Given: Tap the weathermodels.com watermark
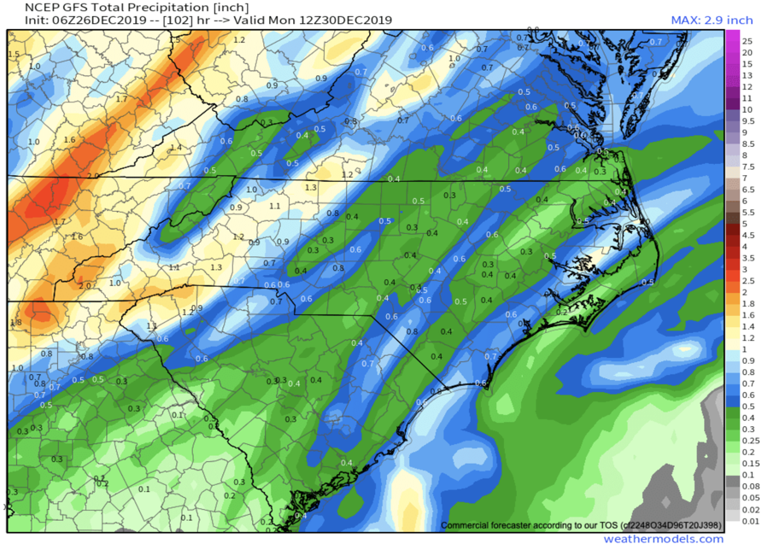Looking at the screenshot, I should pos(663,538).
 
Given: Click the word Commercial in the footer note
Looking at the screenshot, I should pos(472,524).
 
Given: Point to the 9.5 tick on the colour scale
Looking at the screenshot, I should pos(747,120).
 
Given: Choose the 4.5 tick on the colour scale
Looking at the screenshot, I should pos(747,234).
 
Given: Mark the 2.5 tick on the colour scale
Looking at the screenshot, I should pos(747,280).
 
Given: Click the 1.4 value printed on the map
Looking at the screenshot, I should pos(176,148).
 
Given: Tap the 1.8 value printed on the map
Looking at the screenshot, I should pos(15,322).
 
